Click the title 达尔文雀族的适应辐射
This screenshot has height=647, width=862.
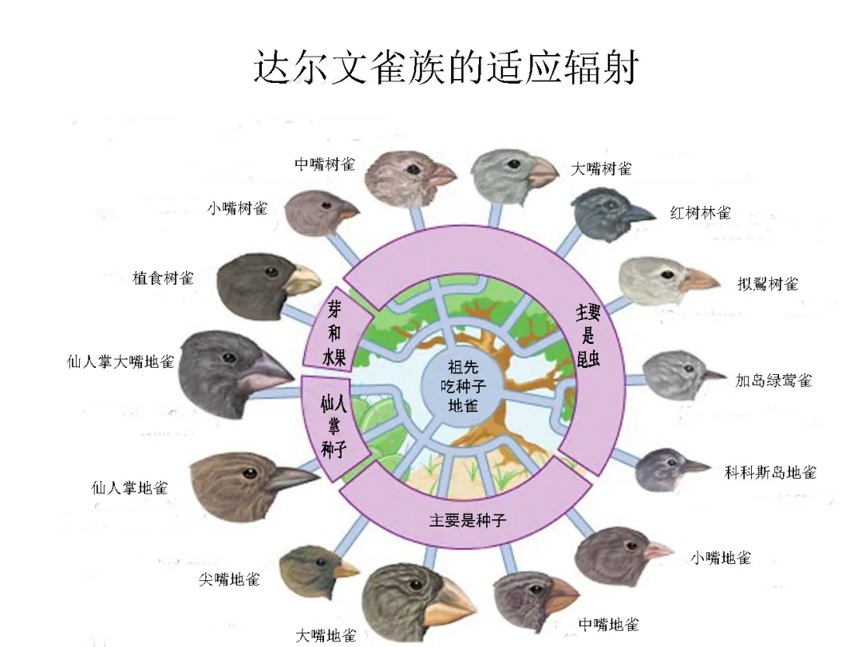click(447, 67)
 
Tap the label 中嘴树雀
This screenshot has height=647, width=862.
click(325, 164)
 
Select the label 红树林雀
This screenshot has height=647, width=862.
click(700, 213)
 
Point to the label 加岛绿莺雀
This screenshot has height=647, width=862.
click(773, 381)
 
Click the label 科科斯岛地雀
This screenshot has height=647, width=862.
click(770, 472)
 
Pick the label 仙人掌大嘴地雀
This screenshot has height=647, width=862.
click(120, 361)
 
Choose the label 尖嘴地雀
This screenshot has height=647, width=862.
click(229, 579)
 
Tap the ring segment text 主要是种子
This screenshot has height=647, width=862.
click(468, 520)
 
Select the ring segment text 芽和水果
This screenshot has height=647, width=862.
click(335, 333)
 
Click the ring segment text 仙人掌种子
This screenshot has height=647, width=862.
click(333, 423)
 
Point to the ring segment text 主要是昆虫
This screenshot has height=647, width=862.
click(588, 335)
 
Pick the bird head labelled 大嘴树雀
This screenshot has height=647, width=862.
click(509, 171)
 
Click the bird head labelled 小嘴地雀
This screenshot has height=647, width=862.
click(616, 554)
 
